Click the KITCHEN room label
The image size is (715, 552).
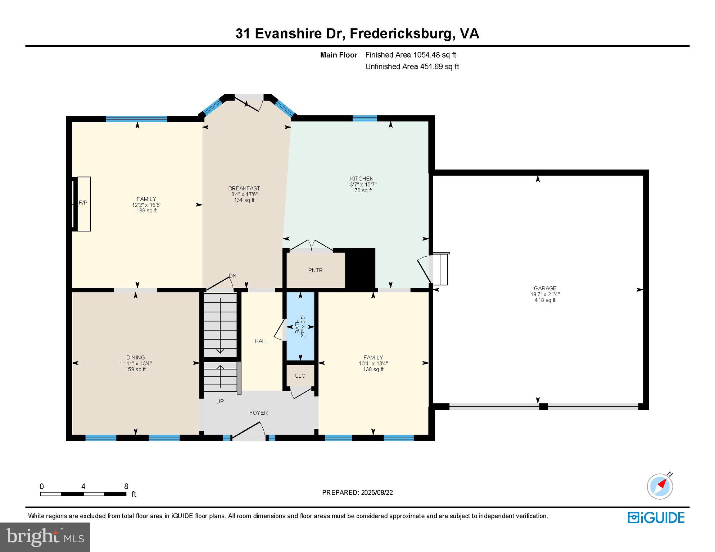coord(362,179)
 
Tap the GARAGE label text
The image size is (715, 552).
coord(545,288)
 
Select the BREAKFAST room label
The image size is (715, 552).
coord(244,188)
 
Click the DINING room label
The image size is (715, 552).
coord(135,358)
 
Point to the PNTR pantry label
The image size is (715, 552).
coord(315,270)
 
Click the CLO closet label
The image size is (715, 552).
coord(300,376)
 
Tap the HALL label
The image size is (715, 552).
coord(261,341)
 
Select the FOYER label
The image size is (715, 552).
coord(258,413)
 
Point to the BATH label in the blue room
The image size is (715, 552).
coord(297,327)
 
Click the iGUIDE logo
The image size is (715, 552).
coord(656,517)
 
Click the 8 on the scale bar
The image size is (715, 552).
coord(126,487)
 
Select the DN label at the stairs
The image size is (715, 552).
coord(232,276)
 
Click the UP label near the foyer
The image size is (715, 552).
coord(220,401)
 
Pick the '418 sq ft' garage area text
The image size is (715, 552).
coord(545,300)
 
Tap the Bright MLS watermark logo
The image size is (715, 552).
coord(45,537)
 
